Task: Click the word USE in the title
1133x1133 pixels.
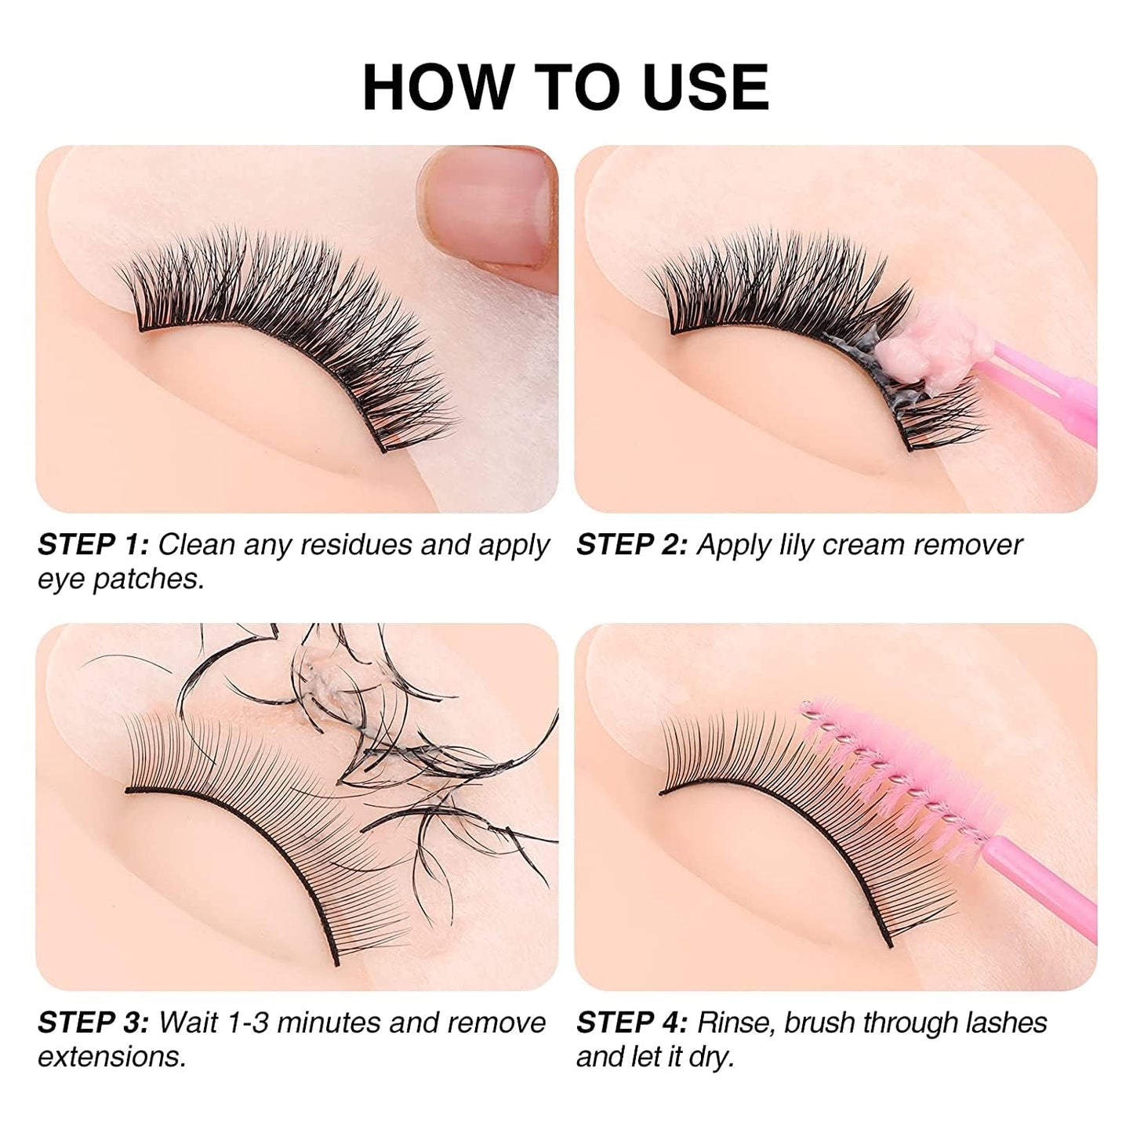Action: [705, 87]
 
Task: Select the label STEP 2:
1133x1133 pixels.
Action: [632, 544]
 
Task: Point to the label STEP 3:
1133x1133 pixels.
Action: [93, 1022]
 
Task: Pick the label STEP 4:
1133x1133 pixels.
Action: [632, 1022]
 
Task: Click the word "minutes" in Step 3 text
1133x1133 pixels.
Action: [329, 1022]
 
